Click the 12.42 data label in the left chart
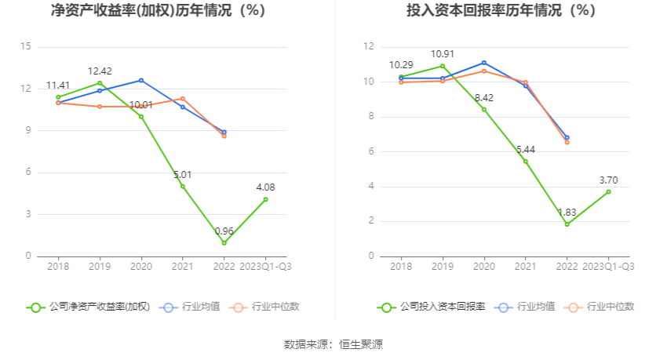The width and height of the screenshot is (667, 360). coord(100,71)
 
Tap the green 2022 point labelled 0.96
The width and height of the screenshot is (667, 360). coord(224,242)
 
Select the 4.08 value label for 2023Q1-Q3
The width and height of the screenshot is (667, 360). coord(265,187)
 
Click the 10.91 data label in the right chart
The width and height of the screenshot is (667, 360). coord(443,54)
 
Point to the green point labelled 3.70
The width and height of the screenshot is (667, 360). coord(608,191)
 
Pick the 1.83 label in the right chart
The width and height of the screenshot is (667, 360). coord(567,213)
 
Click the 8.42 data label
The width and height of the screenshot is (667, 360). coord(483,98)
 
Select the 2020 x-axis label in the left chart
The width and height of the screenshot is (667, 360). coord(141,267)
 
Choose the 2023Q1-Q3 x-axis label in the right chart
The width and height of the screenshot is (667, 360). coord(608,267)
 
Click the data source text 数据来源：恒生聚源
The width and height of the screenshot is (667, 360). coord(333,344)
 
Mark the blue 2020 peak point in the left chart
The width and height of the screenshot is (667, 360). coord(141,80)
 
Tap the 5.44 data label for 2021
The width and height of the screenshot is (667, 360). coord(525,150)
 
